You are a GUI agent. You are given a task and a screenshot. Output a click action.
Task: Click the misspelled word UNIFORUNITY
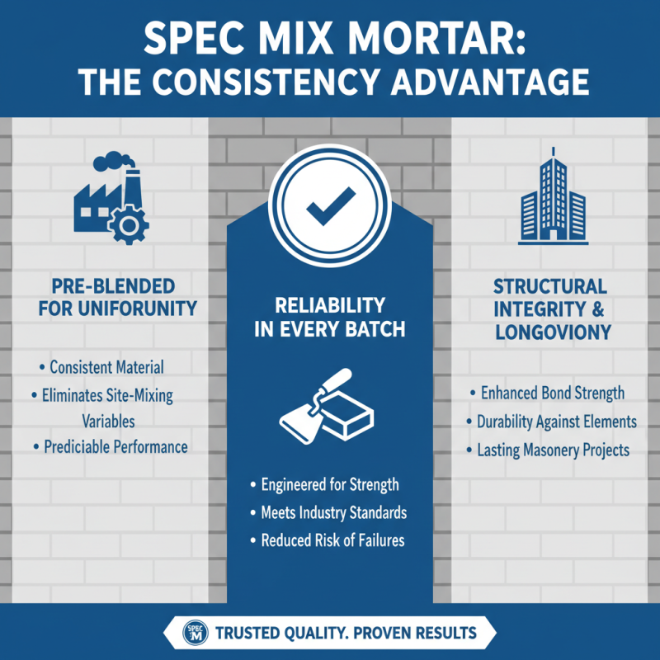click(144, 310)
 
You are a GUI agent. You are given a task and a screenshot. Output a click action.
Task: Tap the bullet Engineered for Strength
click(329, 485)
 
